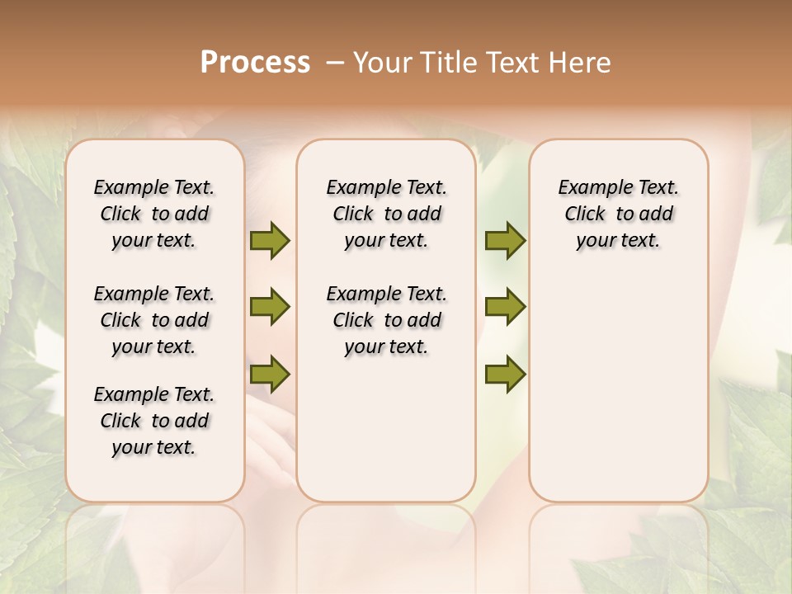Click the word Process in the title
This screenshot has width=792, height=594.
[255, 63]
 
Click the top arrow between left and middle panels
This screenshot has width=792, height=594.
[270, 241]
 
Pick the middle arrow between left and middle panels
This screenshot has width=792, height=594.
[270, 307]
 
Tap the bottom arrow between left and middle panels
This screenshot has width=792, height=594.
[270, 374]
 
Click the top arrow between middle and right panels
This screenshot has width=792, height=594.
[505, 241]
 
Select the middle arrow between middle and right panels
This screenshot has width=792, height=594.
[505, 307]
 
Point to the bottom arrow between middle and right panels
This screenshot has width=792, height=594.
[505, 374]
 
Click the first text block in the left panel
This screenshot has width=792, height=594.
[154, 214]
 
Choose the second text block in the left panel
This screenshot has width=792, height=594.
[154, 320]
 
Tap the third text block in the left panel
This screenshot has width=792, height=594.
[154, 421]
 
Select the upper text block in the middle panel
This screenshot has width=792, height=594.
[386, 214]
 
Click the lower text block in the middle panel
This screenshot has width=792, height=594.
[386, 320]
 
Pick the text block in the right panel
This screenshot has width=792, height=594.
[618, 214]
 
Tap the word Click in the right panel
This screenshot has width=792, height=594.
[585, 214]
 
